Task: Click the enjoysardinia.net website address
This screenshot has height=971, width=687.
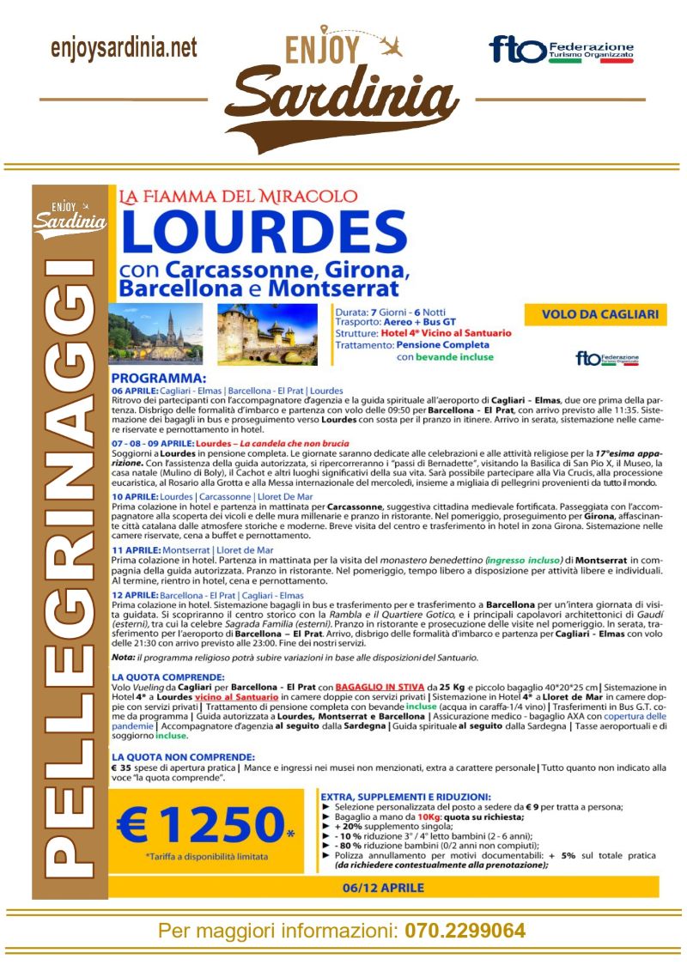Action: click(124, 48)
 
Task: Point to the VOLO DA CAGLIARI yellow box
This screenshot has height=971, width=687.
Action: click(594, 315)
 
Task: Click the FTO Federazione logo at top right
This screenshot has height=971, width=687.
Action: click(562, 50)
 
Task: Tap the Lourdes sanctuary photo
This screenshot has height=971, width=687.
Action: click(155, 333)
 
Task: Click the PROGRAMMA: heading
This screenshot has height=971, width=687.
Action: click(159, 378)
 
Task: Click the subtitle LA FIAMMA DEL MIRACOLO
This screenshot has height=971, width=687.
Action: click(238, 197)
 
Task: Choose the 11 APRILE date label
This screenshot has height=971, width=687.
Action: click(135, 549)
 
